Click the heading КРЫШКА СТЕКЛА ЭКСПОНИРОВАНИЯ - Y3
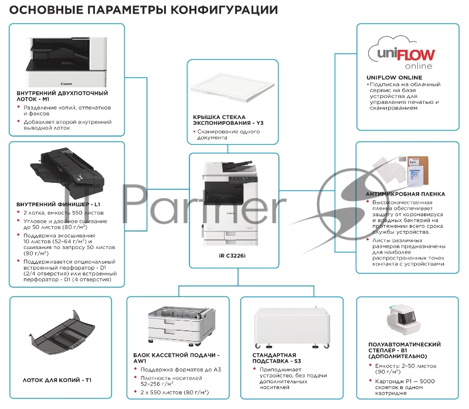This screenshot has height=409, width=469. (x=223, y=121)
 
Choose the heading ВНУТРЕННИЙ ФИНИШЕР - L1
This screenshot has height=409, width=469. (x=59, y=203)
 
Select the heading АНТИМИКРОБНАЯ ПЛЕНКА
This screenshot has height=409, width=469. (x=405, y=194)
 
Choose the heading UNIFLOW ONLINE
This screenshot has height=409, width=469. (x=394, y=77)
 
